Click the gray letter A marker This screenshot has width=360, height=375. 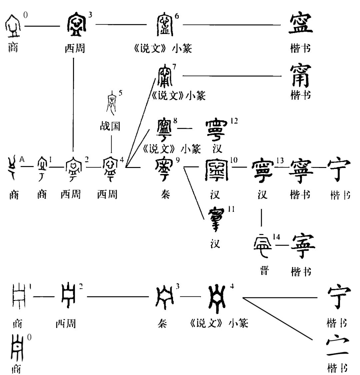coord(22,159)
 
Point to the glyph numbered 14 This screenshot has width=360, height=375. coord(263,246)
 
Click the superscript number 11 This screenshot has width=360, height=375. coord(231,209)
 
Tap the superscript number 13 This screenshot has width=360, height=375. coord(280,161)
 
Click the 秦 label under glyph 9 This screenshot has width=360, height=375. coord(165,194)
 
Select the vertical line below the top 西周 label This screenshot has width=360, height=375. coord(73,103)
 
